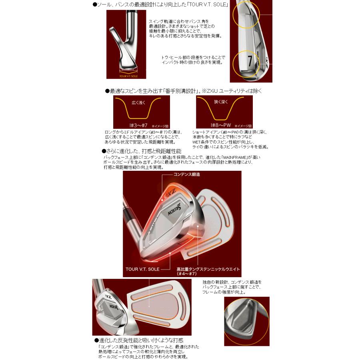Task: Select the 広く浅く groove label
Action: [x=136, y=102]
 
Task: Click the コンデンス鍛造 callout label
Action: [x=186, y=175]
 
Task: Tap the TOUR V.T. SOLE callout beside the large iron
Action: [x=142, y=269]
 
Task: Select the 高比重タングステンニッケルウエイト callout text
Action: [x=208, y=269]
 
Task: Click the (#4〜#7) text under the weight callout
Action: [x=188, y=274]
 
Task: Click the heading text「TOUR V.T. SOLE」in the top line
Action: [x=208, y=4]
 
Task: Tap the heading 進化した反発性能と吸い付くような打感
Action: [x=138, y=340]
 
